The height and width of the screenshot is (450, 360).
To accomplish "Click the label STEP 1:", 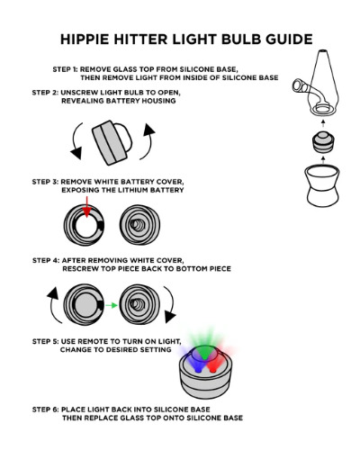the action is pos(65,69).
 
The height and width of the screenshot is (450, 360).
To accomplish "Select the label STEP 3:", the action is pos(45,182).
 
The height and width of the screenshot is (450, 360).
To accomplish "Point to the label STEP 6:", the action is pos(46,409).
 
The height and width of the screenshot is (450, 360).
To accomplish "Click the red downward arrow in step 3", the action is pos(86,207).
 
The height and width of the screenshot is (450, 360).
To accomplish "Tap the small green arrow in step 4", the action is pos(112,305).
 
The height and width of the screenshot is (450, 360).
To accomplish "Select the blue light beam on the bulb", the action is pos(191,358).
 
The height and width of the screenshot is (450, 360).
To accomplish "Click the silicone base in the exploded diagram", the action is pos(322,185).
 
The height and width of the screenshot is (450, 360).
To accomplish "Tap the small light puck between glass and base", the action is pos(323,142).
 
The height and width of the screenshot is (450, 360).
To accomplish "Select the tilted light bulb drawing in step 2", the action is pos(112,142).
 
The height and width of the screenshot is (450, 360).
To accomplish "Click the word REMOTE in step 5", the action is pos(93,342).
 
